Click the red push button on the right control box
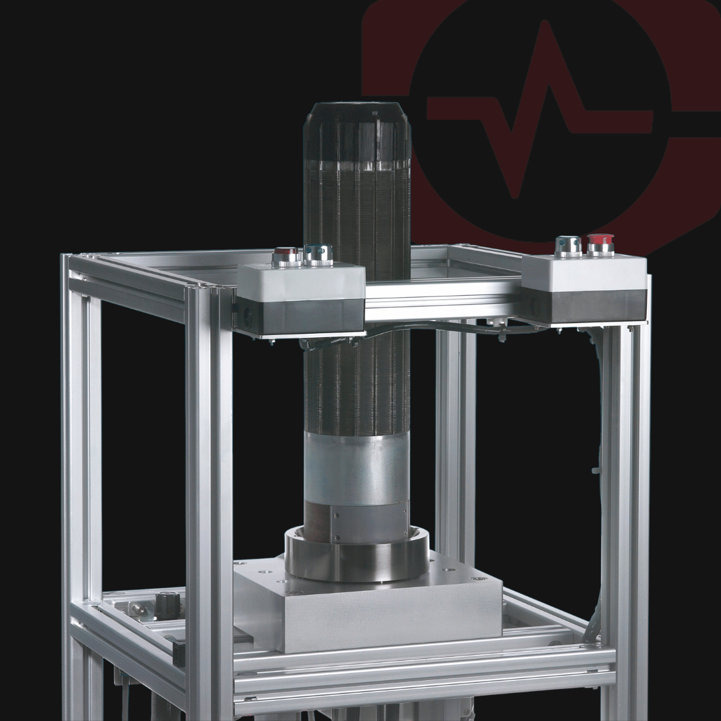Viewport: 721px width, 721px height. click(600, 244)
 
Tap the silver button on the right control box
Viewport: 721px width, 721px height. click(568, 246)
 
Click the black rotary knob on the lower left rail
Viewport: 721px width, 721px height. click(168, 604)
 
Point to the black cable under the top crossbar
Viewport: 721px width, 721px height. click(434, 327)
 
